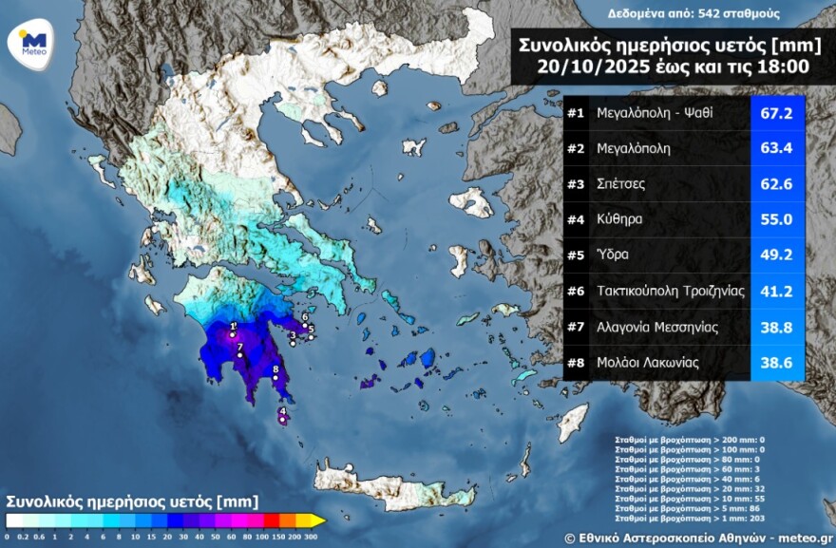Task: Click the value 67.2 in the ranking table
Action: [777, 113]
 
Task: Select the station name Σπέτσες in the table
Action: [623, 184]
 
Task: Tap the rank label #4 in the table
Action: [575, 219]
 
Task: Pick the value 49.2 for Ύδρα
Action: [777, 255]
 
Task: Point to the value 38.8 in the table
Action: [777, 327]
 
